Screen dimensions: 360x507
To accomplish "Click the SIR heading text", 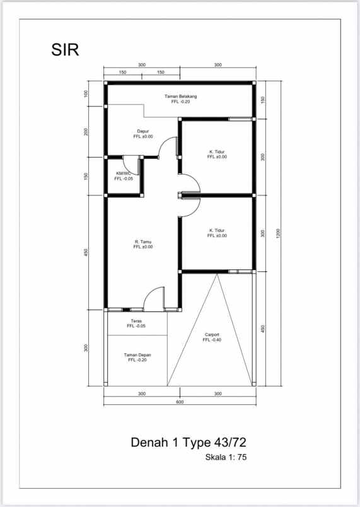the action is tap(65, 50).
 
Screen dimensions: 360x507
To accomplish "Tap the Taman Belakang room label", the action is tap(181, 96).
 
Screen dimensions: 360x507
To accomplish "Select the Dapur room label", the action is tap(143, 131).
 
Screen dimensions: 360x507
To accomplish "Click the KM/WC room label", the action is tap(124, 173).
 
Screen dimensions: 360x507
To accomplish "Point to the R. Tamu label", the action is tap(143, 242).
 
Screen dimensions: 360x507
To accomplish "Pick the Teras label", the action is tap(136, 321).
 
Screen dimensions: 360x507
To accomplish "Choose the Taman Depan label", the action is tap(137, 355).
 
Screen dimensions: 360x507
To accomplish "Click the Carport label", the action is tap(212, 335).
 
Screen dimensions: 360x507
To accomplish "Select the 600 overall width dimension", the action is tap(180, 402).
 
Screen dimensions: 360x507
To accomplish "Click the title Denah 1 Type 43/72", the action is tap(189, 442).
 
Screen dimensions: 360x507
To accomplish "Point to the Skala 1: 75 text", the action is tap(226, 457).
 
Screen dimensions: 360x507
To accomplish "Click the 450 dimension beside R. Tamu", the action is tap(86, 252).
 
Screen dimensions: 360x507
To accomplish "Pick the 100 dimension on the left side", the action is tap(86, 94).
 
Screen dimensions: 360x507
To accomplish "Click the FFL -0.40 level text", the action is tap(212, 340).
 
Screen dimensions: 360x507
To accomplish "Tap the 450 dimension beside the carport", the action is tap(263, 329).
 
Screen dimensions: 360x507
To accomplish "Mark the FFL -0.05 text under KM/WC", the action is tap(124, 179).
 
